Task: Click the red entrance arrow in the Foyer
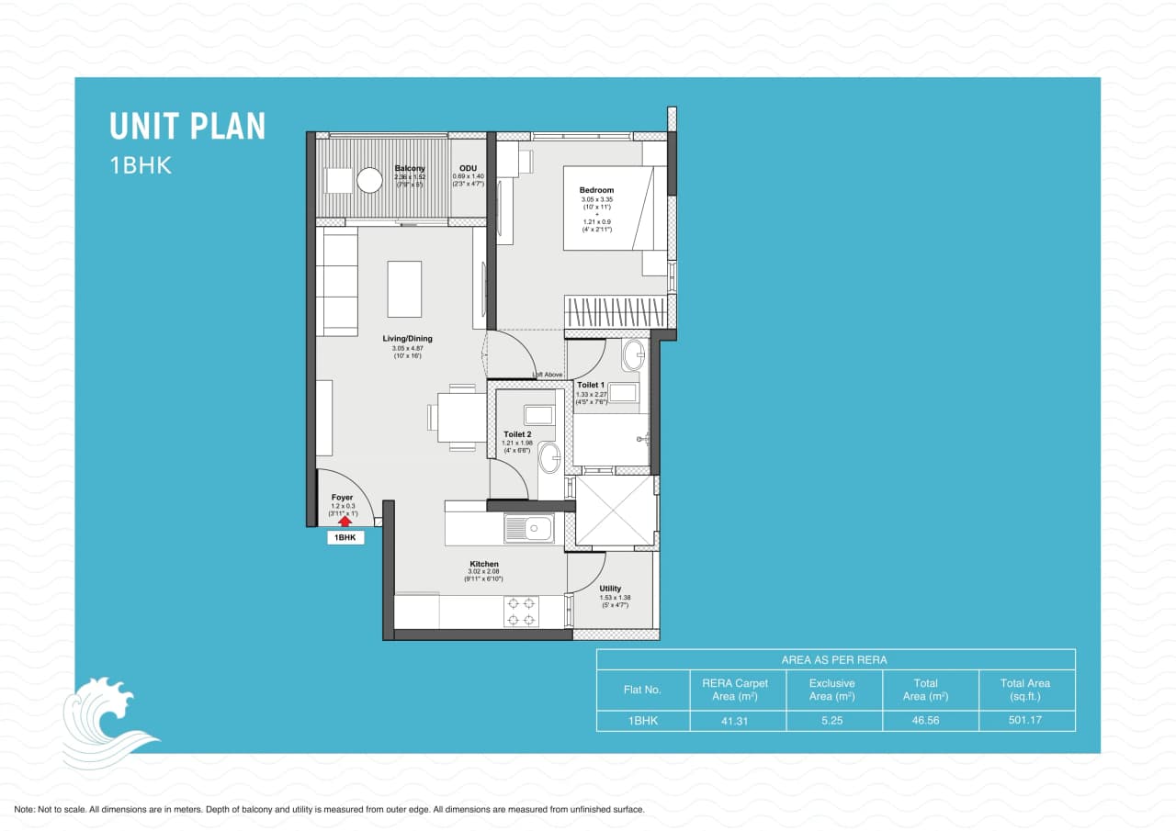345,521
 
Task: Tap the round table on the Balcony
369,181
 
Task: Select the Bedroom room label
596,190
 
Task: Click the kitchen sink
528,529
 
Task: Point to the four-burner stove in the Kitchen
521,612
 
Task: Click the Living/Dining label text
407,339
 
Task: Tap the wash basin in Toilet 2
549,457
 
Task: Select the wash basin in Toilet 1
633,354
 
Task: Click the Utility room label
610,589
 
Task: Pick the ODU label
468,168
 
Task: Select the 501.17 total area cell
1024,721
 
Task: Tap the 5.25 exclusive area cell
833,721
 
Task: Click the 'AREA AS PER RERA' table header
834,659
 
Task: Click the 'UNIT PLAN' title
187,126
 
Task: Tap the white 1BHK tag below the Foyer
345,538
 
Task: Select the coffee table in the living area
404,288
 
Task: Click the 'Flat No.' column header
642,690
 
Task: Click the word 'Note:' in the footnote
25,810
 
